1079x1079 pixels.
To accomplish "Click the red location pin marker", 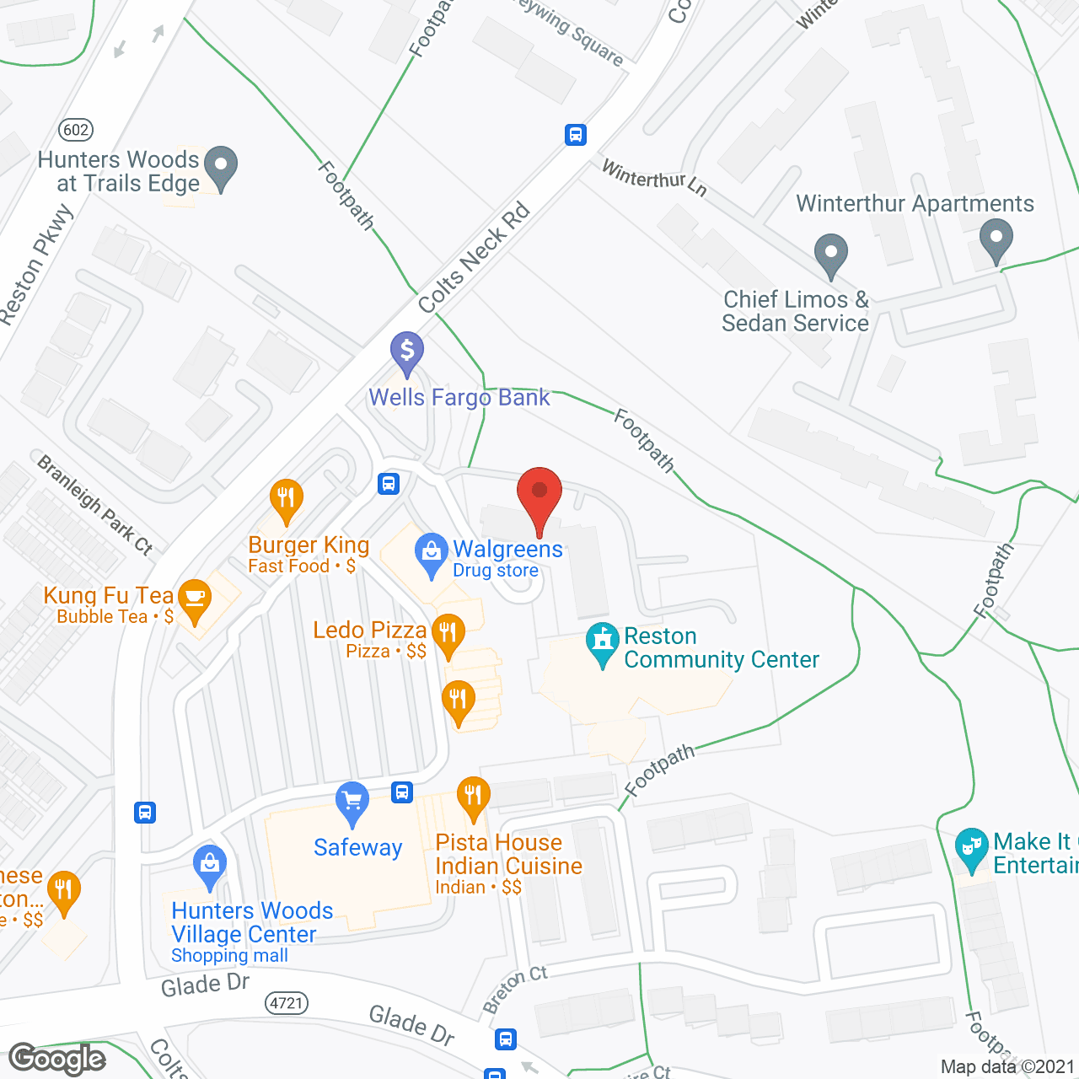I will coord(539,493).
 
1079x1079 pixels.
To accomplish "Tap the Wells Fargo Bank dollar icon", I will coord(407,350).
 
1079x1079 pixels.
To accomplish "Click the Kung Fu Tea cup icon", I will coord(195,599).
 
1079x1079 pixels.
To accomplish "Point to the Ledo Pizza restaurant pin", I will coord(448,631).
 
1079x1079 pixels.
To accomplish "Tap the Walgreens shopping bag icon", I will coord(432,553).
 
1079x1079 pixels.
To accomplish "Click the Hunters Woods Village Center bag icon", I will coord(210,863).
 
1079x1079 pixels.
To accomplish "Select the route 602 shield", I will coord(76,130).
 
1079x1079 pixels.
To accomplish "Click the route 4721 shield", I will coord(287,1003).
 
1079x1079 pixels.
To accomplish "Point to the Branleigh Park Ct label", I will coord(95,504).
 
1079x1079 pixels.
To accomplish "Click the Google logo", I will coord(57,1059).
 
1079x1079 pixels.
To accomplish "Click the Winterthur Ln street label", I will coord(653,178).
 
